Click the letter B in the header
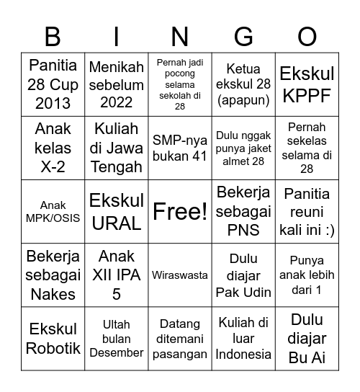[x=53, y=36]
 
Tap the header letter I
[x=117, y=36]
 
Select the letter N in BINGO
[x=180, y=36]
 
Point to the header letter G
[x=243, y=36]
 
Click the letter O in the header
[x=307, y=36]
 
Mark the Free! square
[x=180, y=211]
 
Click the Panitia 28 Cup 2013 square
[x=53, y=84]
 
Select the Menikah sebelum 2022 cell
[x=117, y=84]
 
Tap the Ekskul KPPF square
[x=307, y=84]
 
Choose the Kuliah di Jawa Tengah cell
[x=117, y=148]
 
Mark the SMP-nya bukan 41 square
[x=180, y=148]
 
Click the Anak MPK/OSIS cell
[x=53, y=211]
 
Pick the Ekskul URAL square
[x=117, y=211]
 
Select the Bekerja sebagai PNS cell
[x=243, y=211]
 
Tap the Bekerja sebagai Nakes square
[x=53, y=275]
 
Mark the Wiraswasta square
[x=180, y=275]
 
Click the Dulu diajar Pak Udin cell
[x=243, y=275]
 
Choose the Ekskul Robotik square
[x=53, y=338]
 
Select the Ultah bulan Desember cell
[x=117, y=338]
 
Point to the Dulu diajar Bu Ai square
[x=307, y=338]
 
